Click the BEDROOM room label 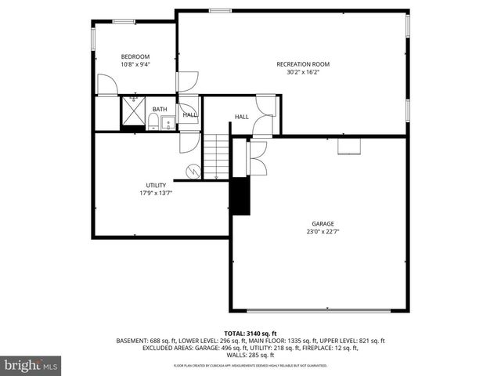click(135, 56)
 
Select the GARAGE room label click(322, 223)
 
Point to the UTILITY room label click(156, 185)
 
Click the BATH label click(160, 110)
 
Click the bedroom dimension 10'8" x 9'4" click(135, 64)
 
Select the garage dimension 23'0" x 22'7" click(322, 232)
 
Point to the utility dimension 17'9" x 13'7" click(156, 193)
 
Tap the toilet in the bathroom click(153, 122)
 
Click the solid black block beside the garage click(239, 195)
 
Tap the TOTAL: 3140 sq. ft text click(250, 334)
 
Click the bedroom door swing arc click(106, 85)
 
